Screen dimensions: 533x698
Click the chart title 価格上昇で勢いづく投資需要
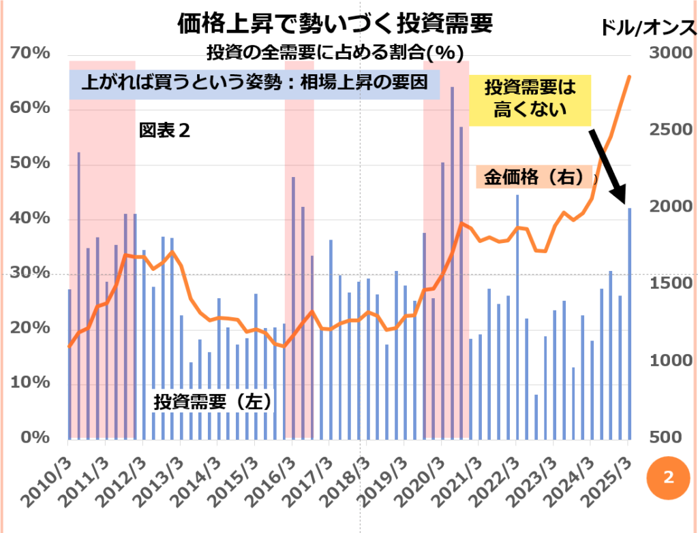tap(335, 25)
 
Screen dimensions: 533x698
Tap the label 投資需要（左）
tap(213, 402)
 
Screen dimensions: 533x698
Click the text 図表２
tap(164, 130)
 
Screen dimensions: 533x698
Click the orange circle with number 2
tap(667, 477)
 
